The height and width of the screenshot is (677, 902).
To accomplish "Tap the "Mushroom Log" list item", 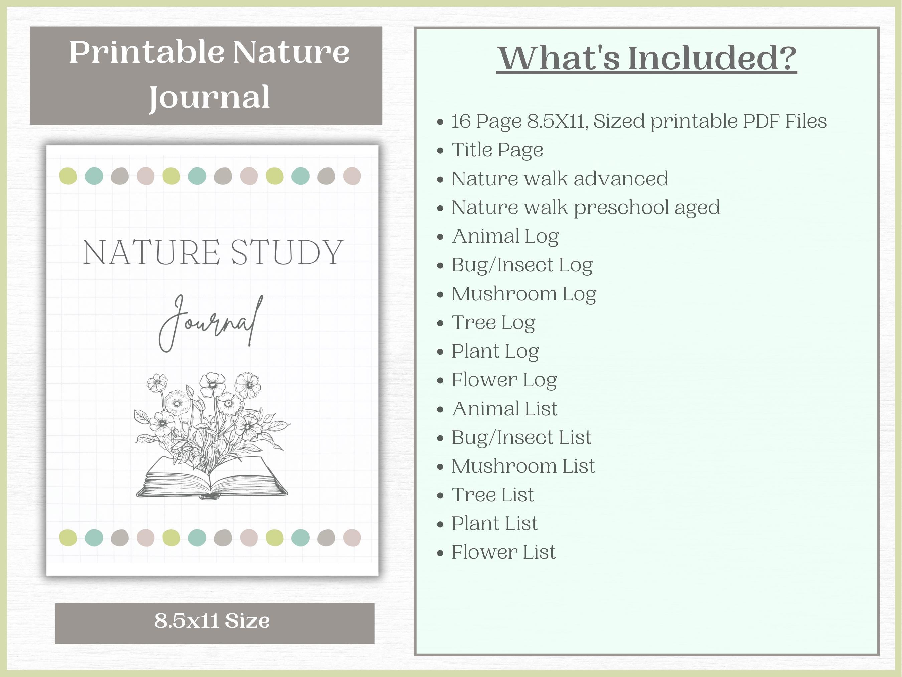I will pyautogui.click(x=523, y=294).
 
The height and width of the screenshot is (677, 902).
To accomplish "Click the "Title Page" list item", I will pyautogui.click(x=497, y=150).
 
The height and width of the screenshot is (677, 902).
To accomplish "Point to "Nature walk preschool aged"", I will pyautogui.click(x=586, y=207).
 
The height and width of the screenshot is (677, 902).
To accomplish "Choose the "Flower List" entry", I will pyautogui.click(x=503, y=552).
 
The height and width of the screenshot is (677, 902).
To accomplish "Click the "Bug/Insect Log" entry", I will pyautogui.click(x=521, y=265).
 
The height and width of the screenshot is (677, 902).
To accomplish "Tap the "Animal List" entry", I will pyautogui.click(x=504, y=409).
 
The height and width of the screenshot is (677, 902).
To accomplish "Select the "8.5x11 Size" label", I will pyautogui.click(x=212, y=621).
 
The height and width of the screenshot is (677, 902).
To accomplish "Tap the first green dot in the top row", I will pyautogui.click(x=68, y=176).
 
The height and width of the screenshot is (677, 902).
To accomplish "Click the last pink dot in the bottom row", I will pyautogui.click(x=352, y=538).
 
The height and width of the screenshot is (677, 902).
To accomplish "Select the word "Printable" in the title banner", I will pyautogui.click(x=146, y=52).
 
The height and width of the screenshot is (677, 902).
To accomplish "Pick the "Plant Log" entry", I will pyautogui.click(x=495, y=351).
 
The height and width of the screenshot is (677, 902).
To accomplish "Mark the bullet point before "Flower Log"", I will pyautogui.click(x=440, y=381).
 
